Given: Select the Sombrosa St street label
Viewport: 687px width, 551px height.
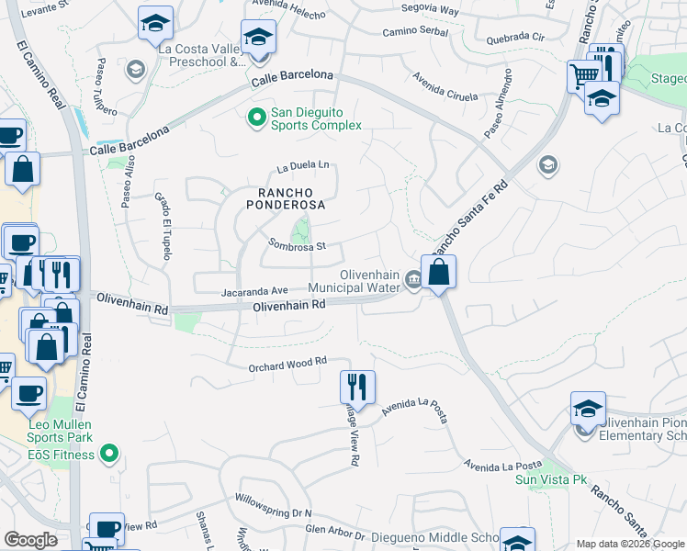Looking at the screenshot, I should point(297,246).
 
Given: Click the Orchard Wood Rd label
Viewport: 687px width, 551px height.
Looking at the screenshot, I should point(288,365).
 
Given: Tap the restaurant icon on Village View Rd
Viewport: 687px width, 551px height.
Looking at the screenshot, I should point(357,386).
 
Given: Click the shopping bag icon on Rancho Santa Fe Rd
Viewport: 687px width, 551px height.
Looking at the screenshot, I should point(439,271).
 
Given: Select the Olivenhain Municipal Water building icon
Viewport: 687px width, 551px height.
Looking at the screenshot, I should point(413,280).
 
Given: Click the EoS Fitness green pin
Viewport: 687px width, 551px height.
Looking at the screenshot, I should point(109,454).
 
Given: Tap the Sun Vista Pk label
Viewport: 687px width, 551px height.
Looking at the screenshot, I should point(550,479).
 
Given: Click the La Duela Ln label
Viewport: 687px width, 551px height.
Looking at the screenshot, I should point(303,166).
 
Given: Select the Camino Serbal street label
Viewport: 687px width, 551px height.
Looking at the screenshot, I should point(415,31).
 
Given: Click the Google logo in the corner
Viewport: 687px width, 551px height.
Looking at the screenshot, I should point(29,539).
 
